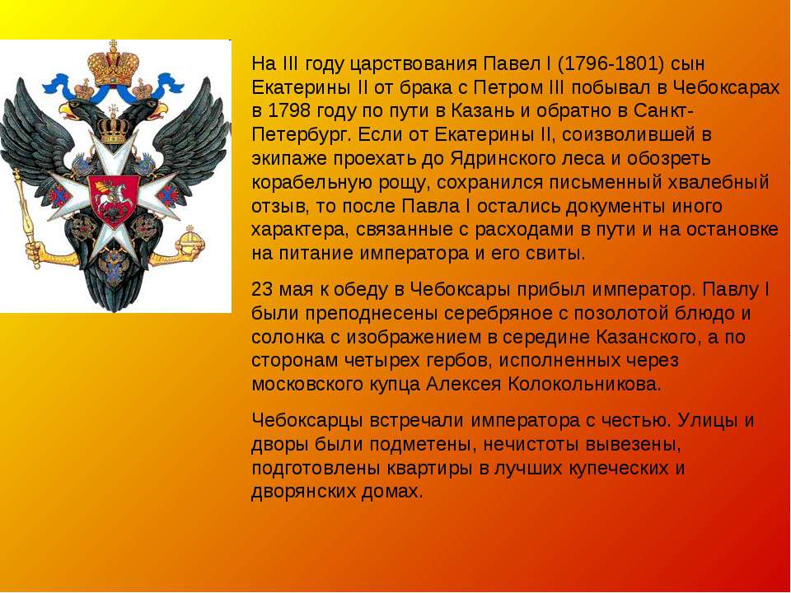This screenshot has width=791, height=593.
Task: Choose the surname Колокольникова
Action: (x=584, y=385)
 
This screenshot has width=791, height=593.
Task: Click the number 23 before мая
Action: (x=262, y=290)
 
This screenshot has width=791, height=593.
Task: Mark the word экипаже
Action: (x=288, y=159)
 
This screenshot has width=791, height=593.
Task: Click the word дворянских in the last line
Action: (x=302, y=492)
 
